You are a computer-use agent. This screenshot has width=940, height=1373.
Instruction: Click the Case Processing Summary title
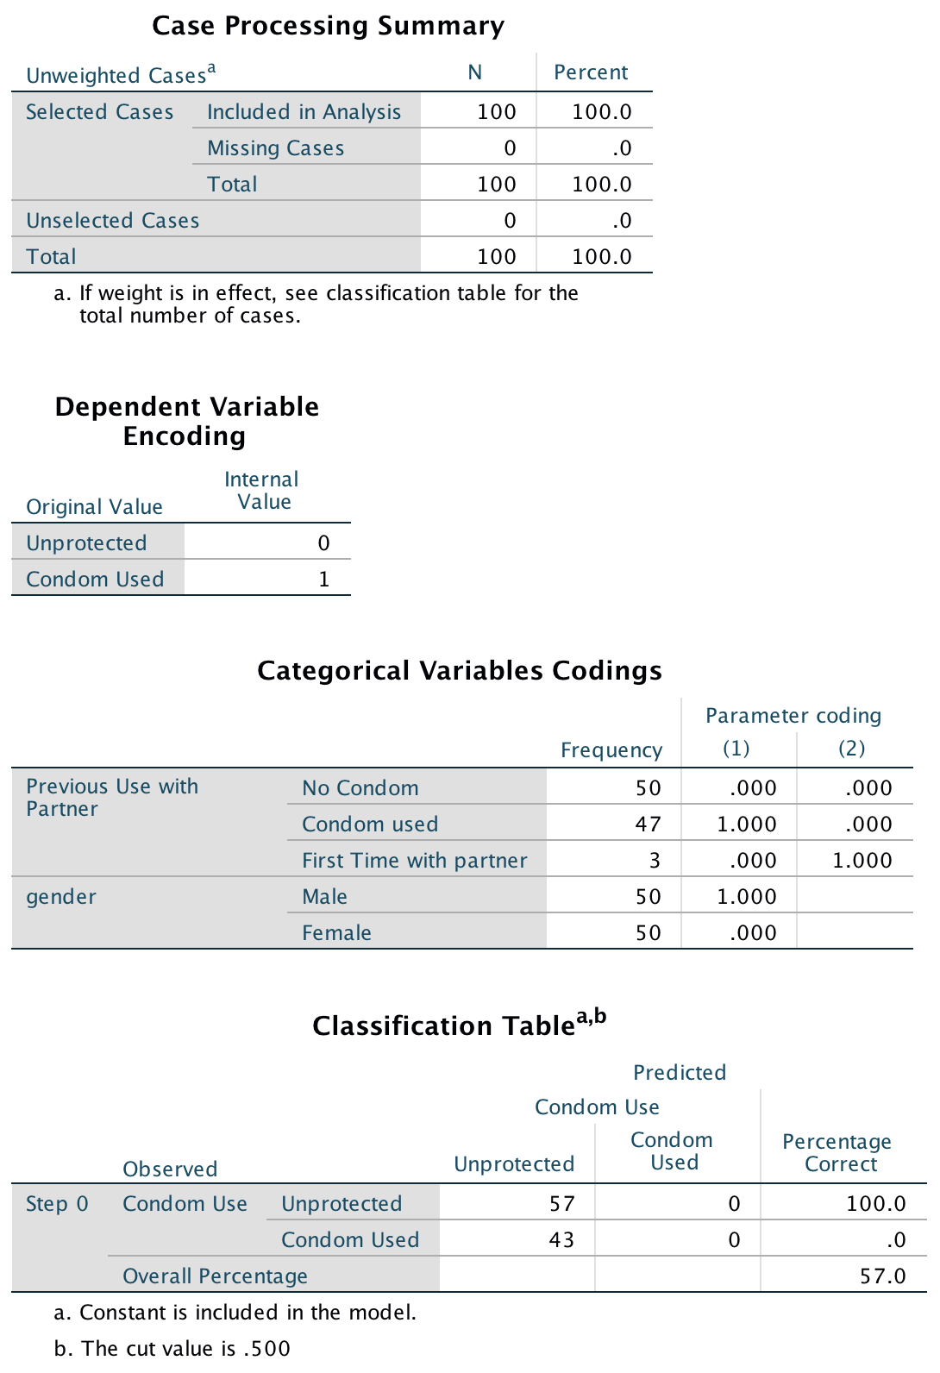point(328,26)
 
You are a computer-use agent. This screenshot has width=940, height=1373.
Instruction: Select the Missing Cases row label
point(275,148)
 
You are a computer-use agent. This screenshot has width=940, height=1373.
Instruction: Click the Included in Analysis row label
point(304,112)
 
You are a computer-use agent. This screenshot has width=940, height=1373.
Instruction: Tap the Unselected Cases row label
point(112,221)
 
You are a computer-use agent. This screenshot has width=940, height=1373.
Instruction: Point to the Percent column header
point(591,72)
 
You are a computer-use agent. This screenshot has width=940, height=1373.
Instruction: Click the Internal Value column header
point(261,491)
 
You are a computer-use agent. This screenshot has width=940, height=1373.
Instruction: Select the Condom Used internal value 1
point(324,579)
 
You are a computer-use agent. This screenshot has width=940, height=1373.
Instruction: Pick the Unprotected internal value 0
point(323,542)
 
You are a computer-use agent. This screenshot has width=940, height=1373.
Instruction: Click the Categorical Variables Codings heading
point(460,670)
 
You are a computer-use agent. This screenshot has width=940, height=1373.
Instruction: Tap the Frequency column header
point(611,750)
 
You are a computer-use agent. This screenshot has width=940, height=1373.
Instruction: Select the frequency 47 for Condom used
point(648,824)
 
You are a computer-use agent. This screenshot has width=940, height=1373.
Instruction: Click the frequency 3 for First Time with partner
point(655,860)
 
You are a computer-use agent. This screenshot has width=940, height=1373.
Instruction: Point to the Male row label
point(324,897)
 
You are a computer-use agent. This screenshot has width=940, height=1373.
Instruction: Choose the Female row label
point(336,933)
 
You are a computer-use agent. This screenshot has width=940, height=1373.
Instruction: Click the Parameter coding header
point(793,716)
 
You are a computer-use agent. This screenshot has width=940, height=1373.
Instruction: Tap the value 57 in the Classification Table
point(561,1203)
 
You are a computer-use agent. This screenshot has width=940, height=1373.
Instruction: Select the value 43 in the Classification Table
point(561,1239)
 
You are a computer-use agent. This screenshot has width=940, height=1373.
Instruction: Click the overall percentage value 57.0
point(882,1276)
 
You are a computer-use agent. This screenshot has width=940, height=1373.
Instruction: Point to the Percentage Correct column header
point(837,1152)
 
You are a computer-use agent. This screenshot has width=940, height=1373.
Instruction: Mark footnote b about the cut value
point(172,1348)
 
